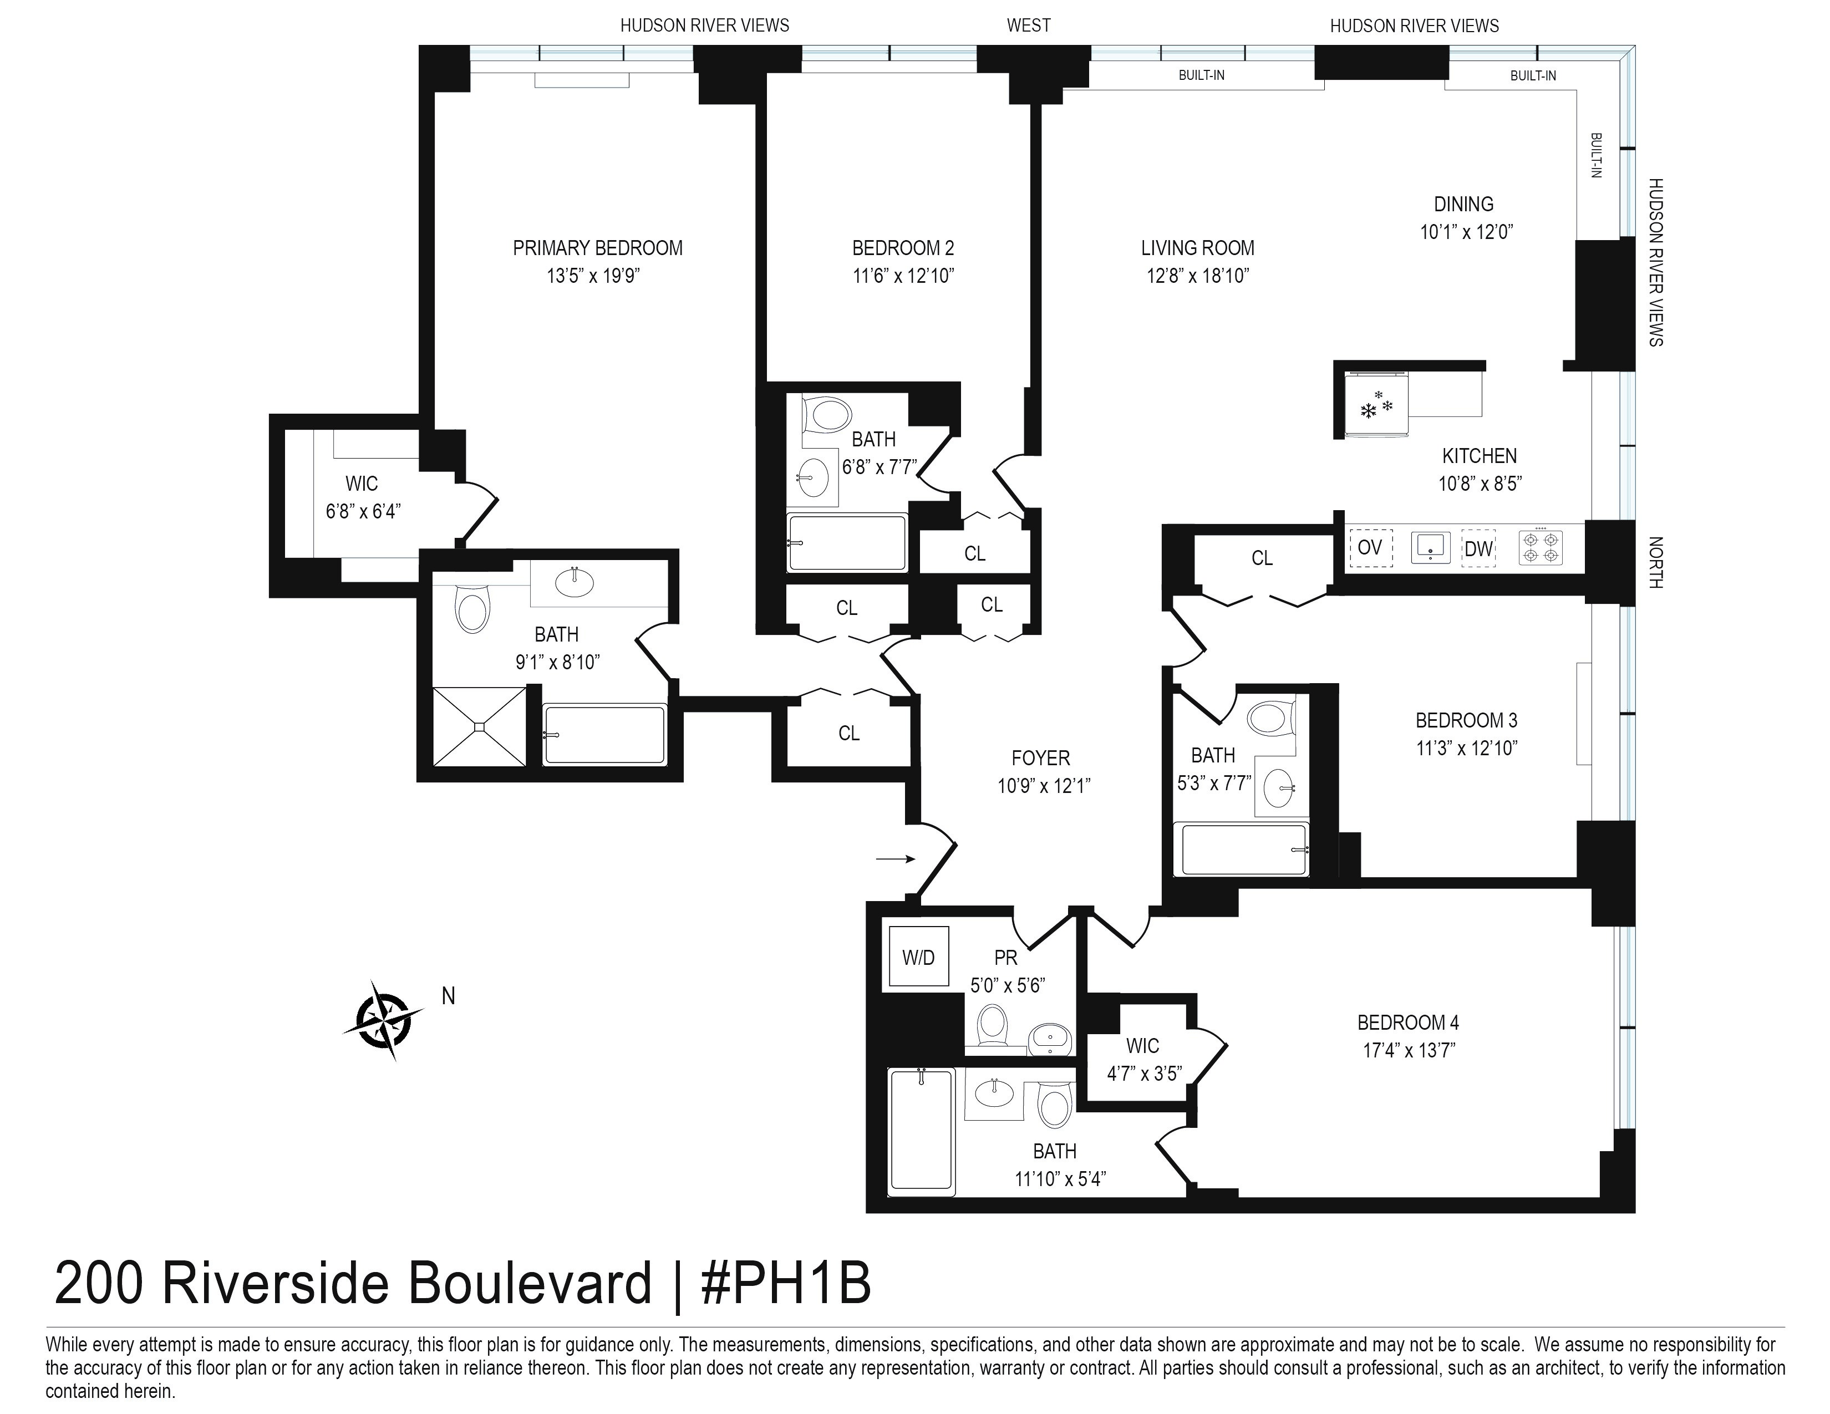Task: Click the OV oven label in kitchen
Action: pos(1370,548)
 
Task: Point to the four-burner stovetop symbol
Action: pos(1541,548)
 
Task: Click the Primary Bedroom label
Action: pos(597,248)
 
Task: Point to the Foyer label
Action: pos(1041,758)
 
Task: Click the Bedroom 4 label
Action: pos(1407,1023)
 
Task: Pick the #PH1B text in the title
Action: pos(785,1283)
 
